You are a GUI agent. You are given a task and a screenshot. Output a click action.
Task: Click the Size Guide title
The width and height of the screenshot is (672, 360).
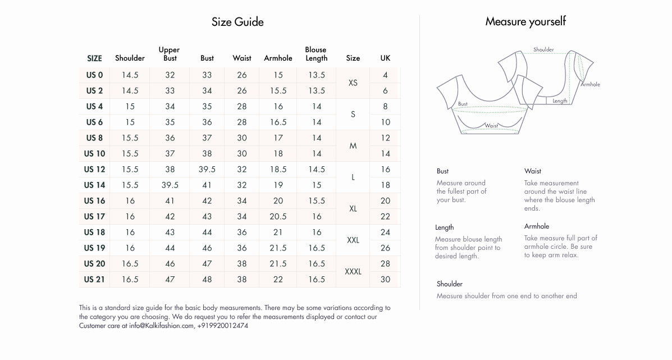[237, 22]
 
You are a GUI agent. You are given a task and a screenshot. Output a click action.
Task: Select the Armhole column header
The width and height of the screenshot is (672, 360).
[278, 58]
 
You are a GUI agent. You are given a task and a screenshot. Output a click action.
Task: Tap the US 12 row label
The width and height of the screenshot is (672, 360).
[94, 169]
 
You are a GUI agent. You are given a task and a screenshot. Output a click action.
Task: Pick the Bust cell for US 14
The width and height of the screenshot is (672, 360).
[207, 185]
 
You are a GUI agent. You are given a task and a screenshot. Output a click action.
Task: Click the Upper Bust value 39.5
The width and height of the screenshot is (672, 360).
[170, 185]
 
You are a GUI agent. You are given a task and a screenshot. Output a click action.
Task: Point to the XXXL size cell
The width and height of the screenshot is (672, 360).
[353, 272]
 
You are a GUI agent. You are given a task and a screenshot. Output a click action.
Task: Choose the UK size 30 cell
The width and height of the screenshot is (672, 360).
[385, 279]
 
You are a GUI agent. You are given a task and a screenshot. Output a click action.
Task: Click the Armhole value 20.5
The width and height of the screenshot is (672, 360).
[278, 216]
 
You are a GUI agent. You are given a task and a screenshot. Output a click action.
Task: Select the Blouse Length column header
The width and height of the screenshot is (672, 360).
[316, 54]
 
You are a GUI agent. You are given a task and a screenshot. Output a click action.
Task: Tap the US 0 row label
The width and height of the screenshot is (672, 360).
[94, 75]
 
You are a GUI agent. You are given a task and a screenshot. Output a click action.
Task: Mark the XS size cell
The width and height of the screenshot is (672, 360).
[353, 83]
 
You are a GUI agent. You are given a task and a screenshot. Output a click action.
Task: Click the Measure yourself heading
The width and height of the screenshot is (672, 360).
[525, 22]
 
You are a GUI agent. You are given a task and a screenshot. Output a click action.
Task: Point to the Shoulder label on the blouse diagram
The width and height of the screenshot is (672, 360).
[543, 50]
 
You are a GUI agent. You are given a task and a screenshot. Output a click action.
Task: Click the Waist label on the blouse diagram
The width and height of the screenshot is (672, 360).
[491, 126]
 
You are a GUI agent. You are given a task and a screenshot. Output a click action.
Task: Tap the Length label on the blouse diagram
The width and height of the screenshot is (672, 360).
[560, 101]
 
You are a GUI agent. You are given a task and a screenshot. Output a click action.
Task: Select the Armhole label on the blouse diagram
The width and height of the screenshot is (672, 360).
[590, 84]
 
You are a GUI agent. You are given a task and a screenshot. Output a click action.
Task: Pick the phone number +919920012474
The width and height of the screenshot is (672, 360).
[223, 326]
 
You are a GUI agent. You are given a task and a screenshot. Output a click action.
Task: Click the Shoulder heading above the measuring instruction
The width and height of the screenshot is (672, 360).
[450, 284]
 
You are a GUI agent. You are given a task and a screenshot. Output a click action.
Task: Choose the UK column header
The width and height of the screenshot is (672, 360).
[385, 58]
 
